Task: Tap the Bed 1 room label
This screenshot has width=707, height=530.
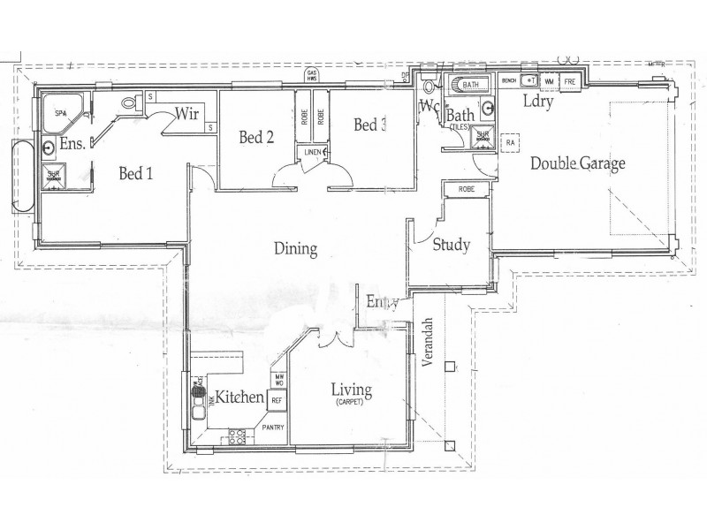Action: (137, 174)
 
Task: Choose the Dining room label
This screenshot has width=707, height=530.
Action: (294, 249)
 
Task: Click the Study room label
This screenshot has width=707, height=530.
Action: (451, 246)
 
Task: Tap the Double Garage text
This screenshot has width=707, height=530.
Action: (578, 163)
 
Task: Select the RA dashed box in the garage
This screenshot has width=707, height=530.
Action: (510, 140)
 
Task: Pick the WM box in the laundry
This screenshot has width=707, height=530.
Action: (549, 81)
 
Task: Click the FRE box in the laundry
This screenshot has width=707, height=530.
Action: (570, 81)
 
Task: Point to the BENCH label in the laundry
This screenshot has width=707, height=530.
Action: (508, 81)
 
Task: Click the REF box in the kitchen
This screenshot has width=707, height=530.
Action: (277, 400)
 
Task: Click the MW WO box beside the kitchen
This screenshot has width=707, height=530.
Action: (278, 379)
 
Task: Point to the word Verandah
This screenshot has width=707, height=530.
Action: (428, 345)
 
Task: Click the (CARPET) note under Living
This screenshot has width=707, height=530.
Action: (350, 403)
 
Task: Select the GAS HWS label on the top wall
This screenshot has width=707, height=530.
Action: (311, 75)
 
